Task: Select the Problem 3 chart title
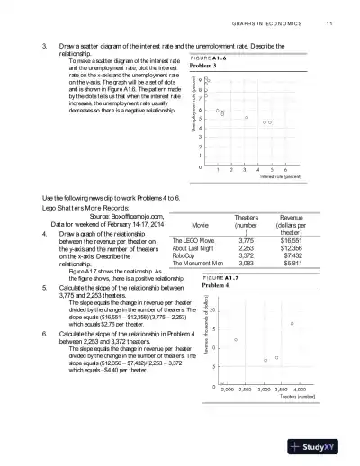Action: [204, 67]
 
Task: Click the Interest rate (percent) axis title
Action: [274, 177]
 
